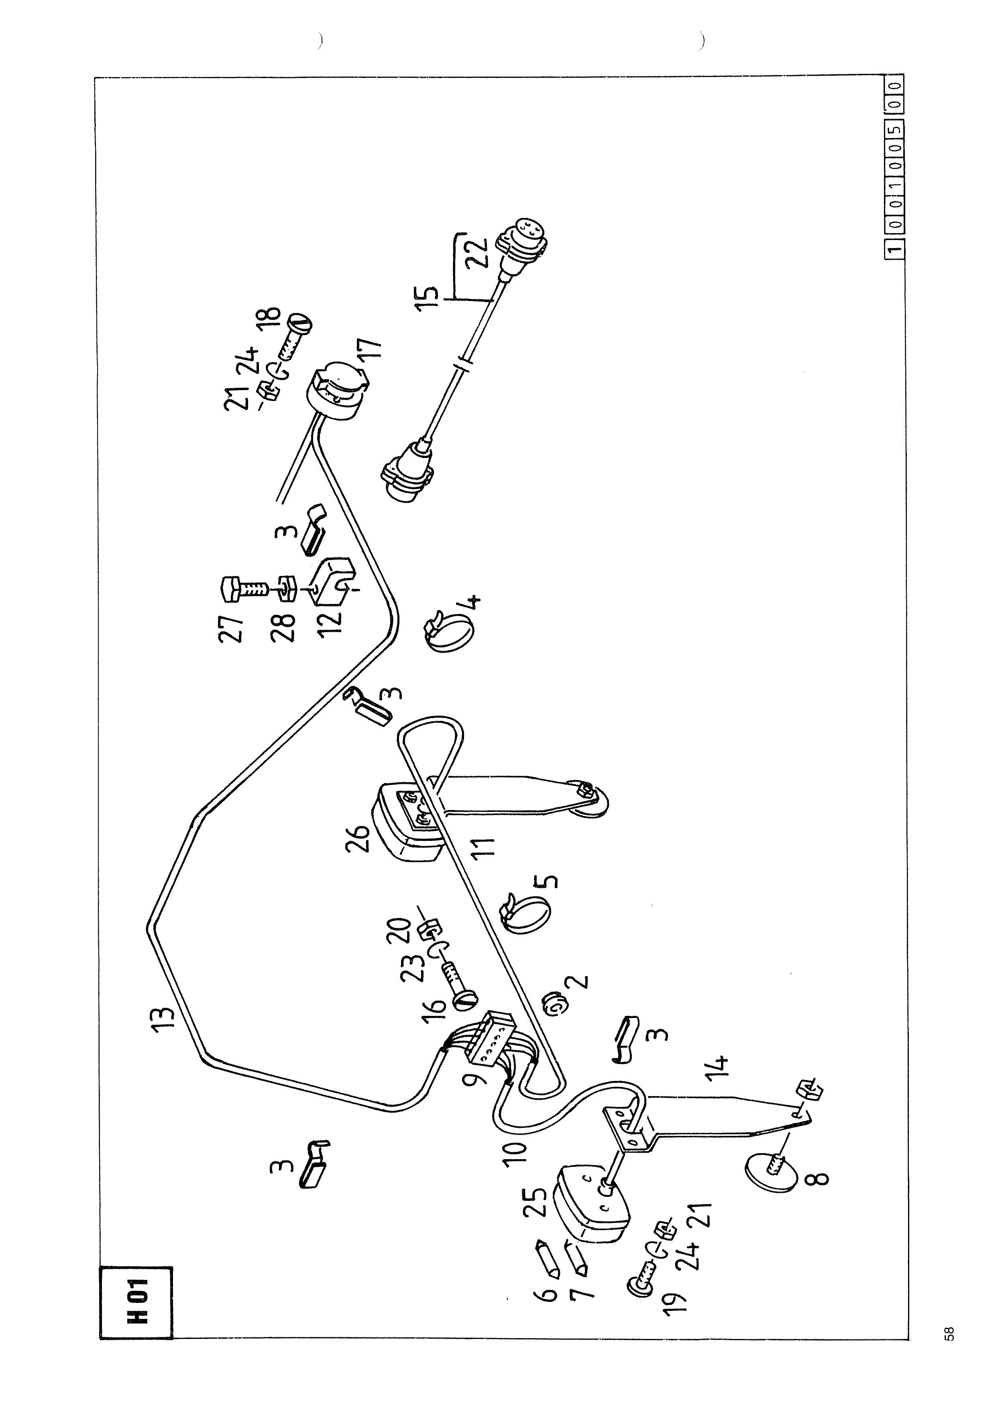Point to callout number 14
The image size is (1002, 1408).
tap(719, 1064)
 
